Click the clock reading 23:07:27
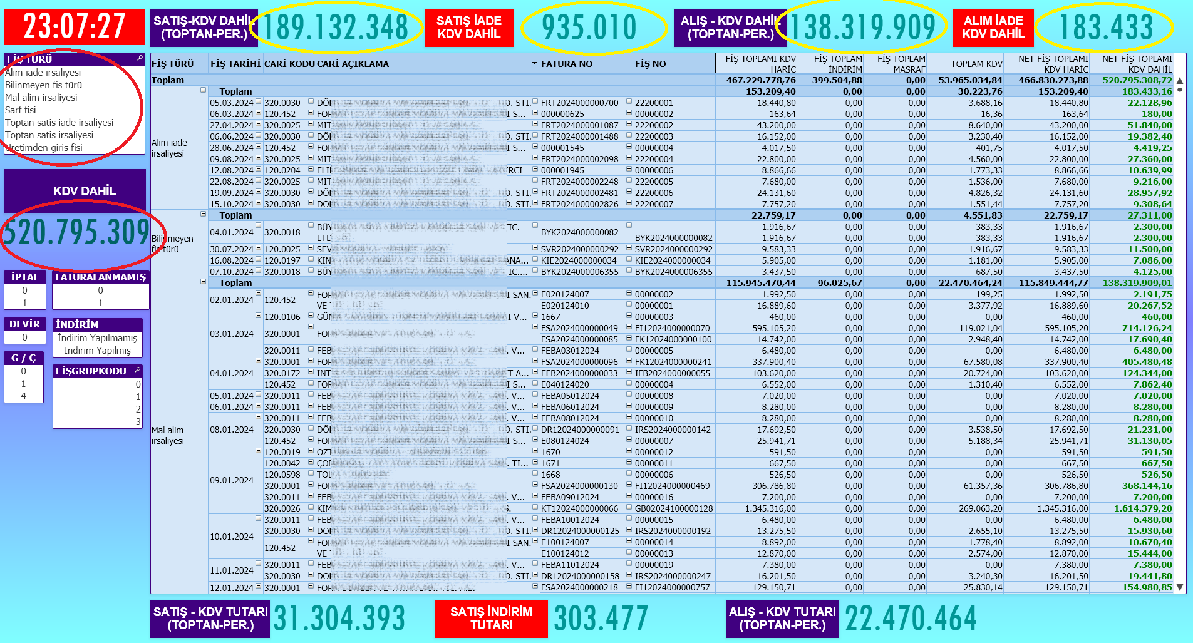(74, 27)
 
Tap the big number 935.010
(589, 28)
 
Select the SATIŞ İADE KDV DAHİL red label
(468, 28)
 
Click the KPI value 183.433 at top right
(1105, 28)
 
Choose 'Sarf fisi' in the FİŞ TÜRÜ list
(21, 110)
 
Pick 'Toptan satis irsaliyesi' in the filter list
(49, 135)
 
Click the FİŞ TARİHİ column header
(235, 64)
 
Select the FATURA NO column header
(566, 64)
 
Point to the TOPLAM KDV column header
(976, 64)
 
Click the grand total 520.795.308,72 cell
(1137, 80)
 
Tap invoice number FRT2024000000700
(579, 103)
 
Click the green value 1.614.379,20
(1142, 508)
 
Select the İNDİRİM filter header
(78, 324)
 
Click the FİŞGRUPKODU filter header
(91, 371)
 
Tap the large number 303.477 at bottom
(601, 619)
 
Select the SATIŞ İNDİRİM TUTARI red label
(491, 619)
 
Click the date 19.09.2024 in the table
(232, 193)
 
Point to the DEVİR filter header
(24, 324)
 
